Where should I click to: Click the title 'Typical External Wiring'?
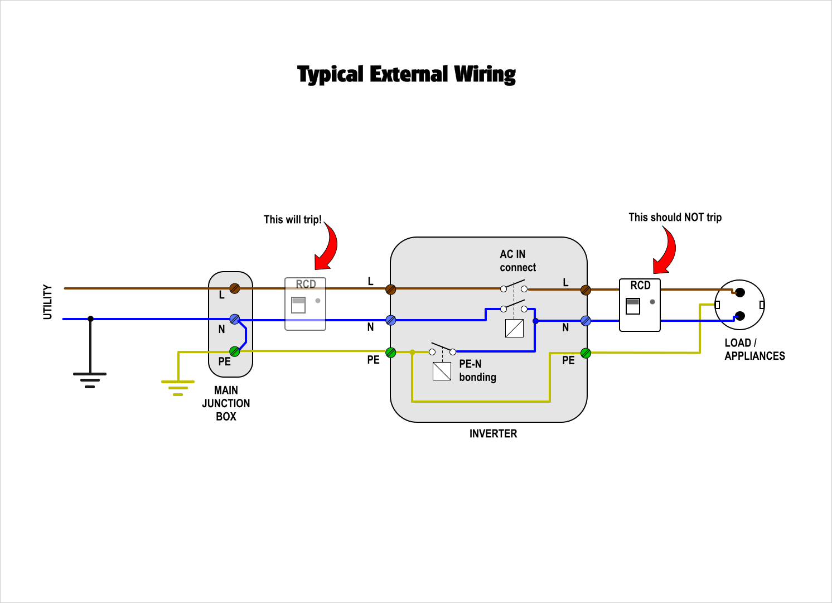pyautogui.click(x=406, y=74)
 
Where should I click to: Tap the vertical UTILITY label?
pyautogui.click(x=47, y=302)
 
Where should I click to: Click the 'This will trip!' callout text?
pyautogui.click(x=292, y=220)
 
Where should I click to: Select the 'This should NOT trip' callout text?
pyautogui.click(x=675, y=218)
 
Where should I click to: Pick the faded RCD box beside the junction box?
pyautogui.click(x=305, y=304)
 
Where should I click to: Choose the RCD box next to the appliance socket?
pyautogui.click(x=640, y=305)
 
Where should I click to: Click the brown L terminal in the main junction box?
pyautogui.click(x=235, y=288)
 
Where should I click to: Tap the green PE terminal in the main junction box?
pyautogui.click(x=235, y=351)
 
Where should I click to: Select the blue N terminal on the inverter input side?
pyautogui.click(x=391, y=320)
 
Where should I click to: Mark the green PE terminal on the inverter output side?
pyautogui.click(x=586, y=353)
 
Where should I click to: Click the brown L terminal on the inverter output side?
pyautogui.click(x=586, y=290)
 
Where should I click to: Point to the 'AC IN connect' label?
pyautogui.click(x=517, y=261)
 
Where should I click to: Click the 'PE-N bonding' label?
pyautogui.click(x=477, y=370)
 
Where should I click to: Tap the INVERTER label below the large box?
pyautogui.click(x=493, y=433)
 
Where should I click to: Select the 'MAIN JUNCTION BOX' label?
pyautogui.click(x=226, y=403)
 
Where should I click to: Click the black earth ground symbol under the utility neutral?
pyautogui.click(x=90, y=379)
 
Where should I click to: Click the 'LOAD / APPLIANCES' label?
pyautogui.click(x=754, y=350)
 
